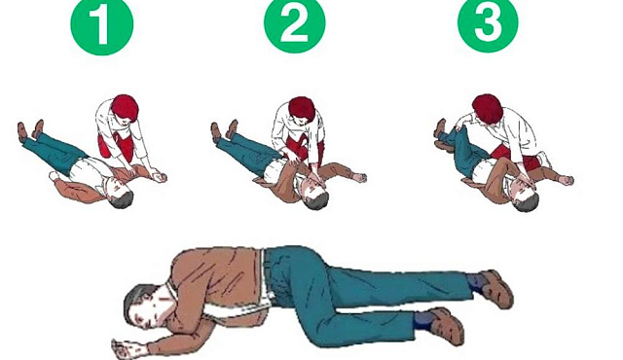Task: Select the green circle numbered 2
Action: (295, 23)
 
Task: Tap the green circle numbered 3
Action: (488, 22)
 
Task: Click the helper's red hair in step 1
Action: (125, 106)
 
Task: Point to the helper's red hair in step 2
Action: (302, 108)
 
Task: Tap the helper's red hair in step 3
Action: (488, 109)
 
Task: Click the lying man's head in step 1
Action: (119, 194)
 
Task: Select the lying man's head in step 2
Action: (315, 194)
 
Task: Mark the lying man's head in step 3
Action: (525, 197)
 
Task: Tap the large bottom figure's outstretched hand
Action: (127, 347)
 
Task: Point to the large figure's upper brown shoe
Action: (495, 288)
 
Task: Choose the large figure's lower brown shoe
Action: (445, 326)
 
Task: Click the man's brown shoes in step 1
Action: (30, 129)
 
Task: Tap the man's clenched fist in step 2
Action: (360, 177)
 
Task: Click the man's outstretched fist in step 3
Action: (567, 180)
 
